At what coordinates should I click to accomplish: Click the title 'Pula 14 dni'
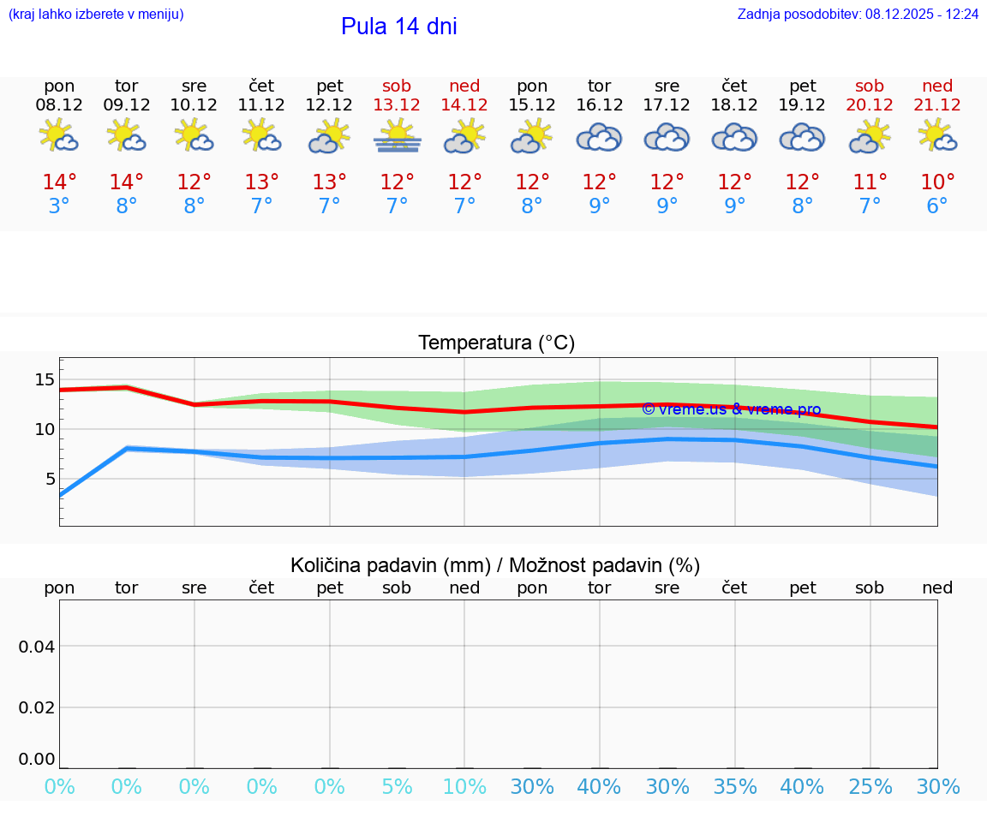(x=398, y=27)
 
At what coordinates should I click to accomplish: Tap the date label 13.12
(x=397, y=105)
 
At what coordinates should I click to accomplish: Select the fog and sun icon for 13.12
(x=397, y=136)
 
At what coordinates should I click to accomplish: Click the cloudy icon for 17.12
(x=667, y=137)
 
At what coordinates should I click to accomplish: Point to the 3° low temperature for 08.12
(x=59, y=206)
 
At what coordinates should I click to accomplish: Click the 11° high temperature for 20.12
(x=870, y=182)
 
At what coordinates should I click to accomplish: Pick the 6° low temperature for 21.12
(x=937, y=206)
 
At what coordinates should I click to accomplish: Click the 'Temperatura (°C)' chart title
(x=496, y=343)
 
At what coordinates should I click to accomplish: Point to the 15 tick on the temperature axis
(x=45, y=379)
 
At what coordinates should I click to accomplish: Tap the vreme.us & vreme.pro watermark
(x=731, y=409)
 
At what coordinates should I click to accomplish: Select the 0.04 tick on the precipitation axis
(x=38, y=647)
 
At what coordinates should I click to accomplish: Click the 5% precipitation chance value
(x=397, y=787)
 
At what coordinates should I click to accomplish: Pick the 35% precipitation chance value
(x=734, y=787)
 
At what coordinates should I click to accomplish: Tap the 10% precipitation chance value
(x=464, y=787)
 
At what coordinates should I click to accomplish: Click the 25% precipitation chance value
(x=870, y=787)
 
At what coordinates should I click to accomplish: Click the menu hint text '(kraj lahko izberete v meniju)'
(x=96, y=15)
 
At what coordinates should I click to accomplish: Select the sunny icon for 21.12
(x=937, y=136)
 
